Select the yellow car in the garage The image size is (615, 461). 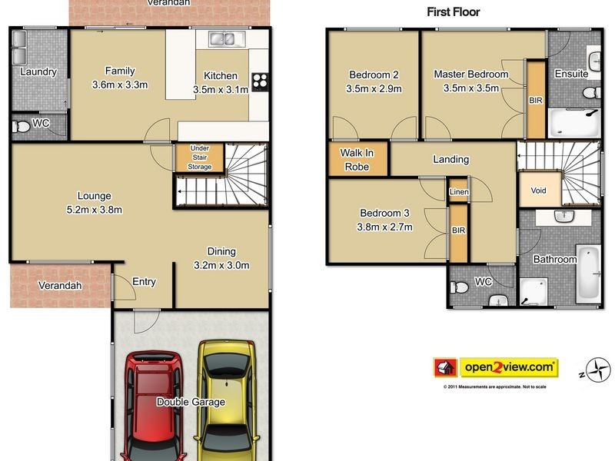227,400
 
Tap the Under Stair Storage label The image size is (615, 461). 200,157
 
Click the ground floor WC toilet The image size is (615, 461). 22,126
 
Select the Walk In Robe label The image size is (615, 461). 357,160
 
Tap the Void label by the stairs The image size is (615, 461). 538,191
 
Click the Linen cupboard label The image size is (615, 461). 459,191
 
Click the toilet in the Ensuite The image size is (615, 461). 590,93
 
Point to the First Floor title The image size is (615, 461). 453,12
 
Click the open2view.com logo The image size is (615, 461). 507,367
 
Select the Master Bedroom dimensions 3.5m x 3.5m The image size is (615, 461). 470,88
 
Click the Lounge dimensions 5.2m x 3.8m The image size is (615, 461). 94,209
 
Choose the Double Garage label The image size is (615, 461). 191,402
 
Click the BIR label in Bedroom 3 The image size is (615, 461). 458,230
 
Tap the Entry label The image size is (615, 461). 144,282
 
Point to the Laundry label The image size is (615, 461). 38,72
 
